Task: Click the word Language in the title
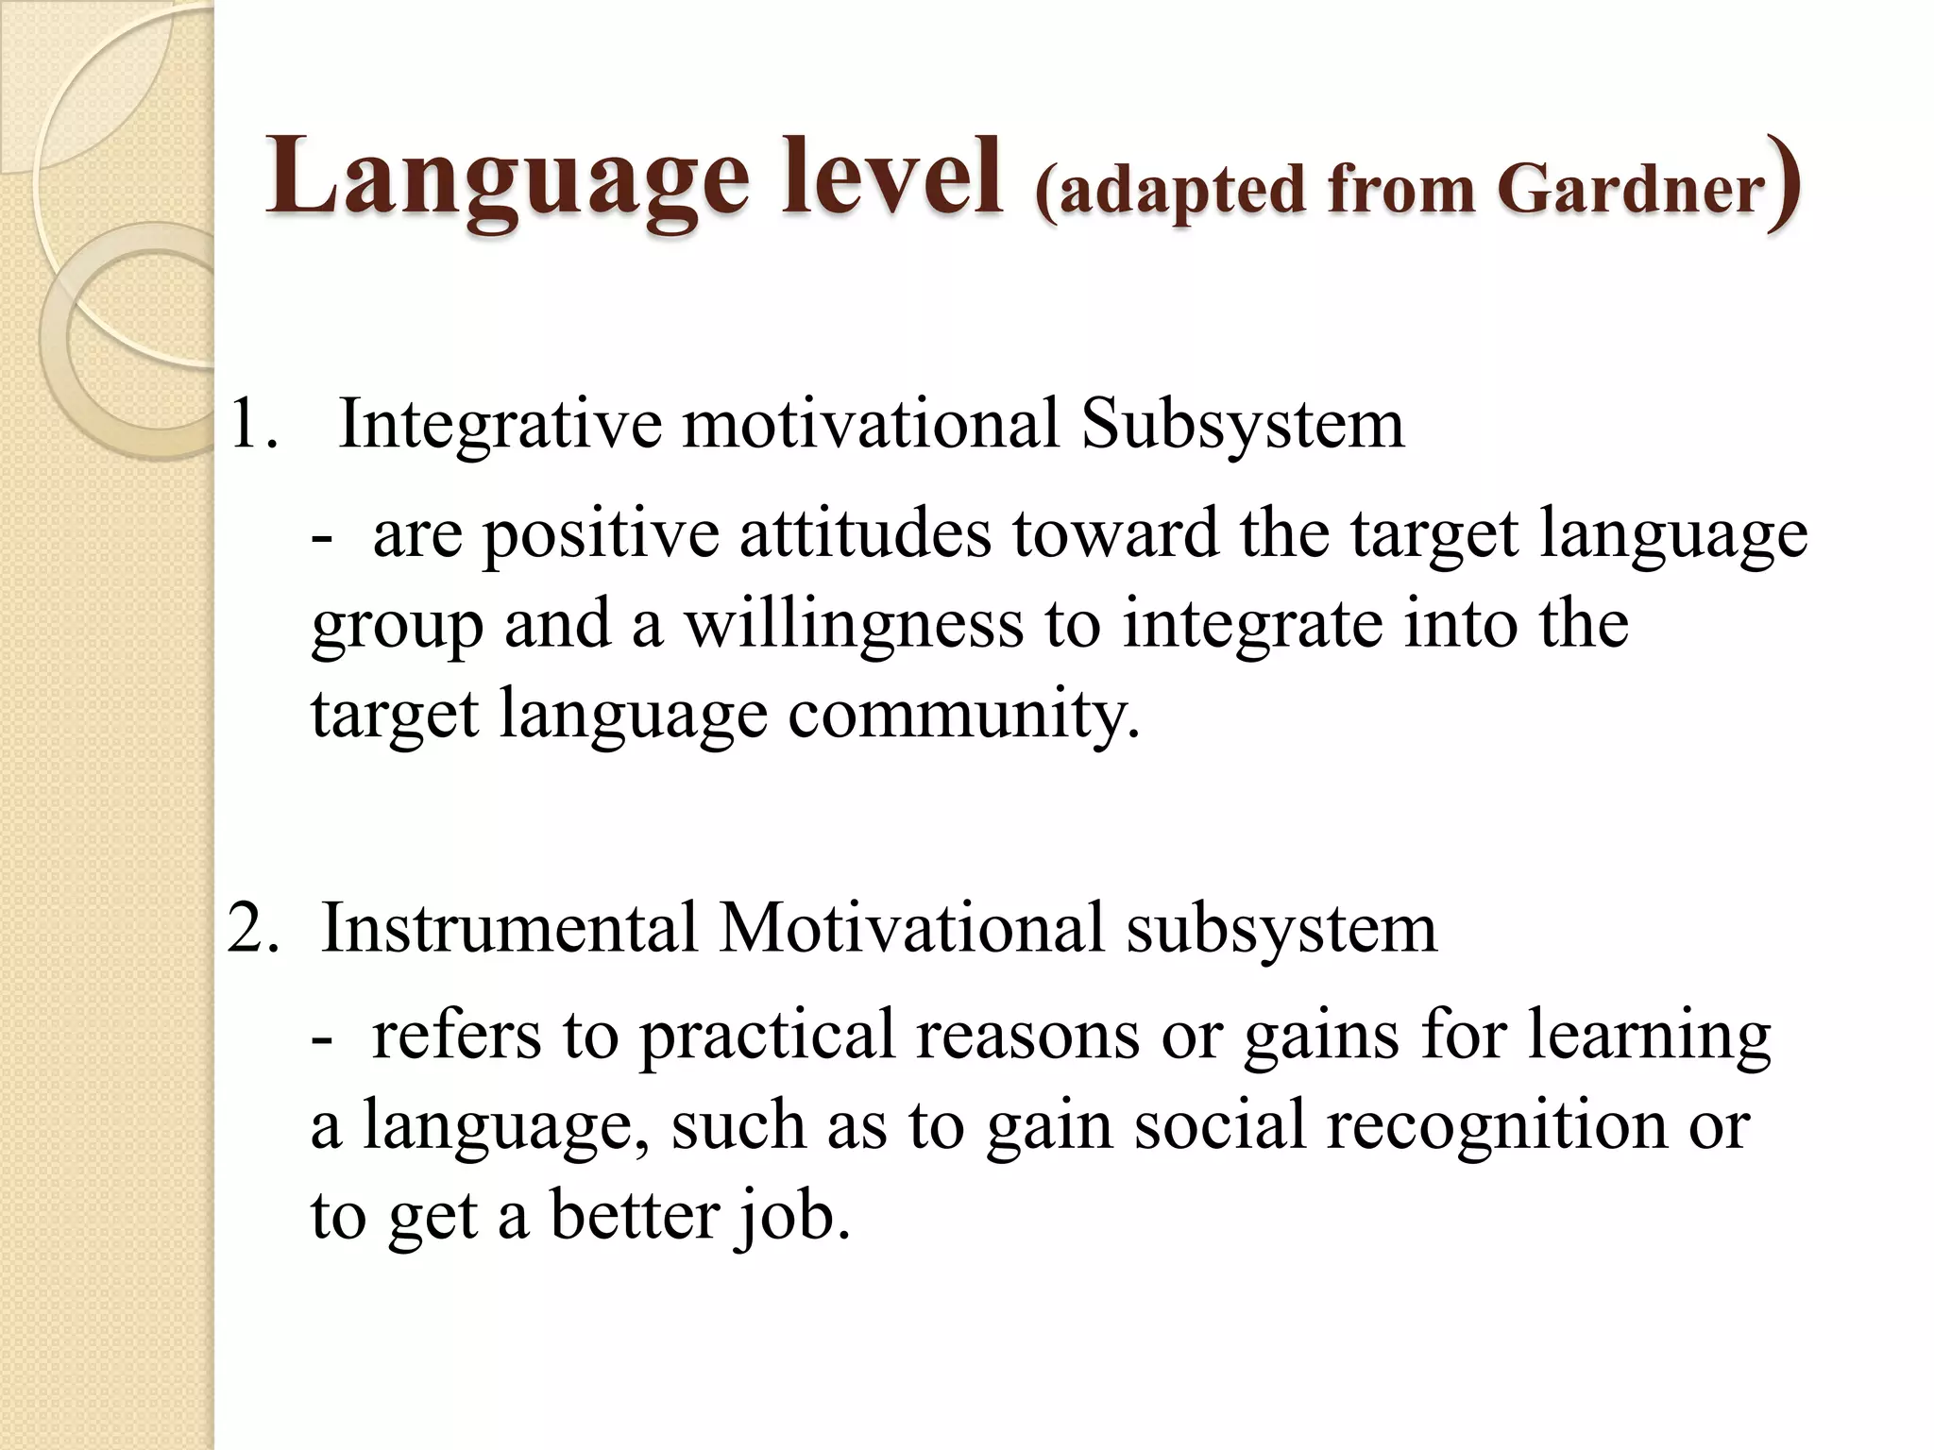[507, 177]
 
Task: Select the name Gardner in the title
[1631, 189]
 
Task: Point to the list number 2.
[252, 928]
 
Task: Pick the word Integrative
[500, 424]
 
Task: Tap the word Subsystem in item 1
[1243, 424]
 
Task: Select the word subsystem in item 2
[1281, 928]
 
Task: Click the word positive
[601, 534]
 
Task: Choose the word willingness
[854, 625]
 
